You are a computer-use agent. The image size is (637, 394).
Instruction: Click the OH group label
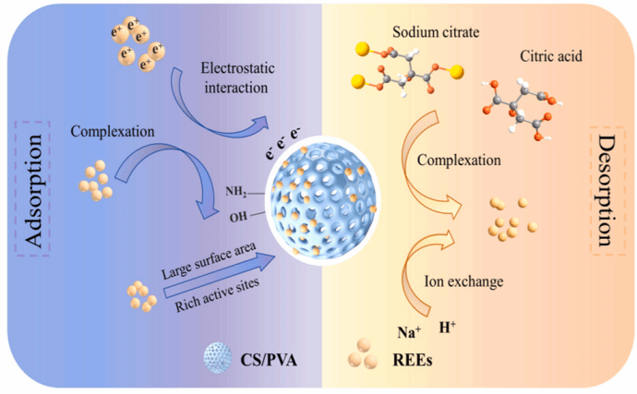coord(238,218)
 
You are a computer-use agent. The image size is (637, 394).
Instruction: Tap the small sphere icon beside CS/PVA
coord(214,355)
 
